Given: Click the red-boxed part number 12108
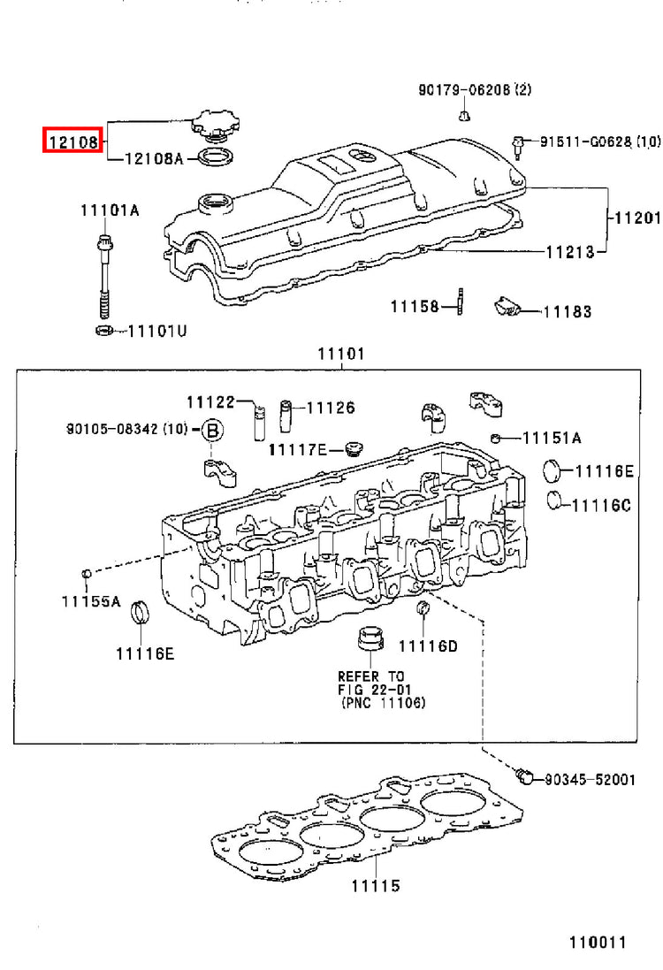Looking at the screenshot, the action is click(x=73, y=141).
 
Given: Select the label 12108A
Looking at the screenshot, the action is click(x=154, y=159).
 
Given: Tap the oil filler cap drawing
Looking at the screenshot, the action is click(x=215, y=126).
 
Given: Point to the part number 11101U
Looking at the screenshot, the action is click(x=157, y=332).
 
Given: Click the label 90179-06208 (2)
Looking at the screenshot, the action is click(x=475, y=89).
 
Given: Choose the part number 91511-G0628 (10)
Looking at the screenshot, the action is click(x=600, y=141).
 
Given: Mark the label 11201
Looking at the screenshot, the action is click(x=637, y=218).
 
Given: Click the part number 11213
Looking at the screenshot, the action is click(x=569, y=252).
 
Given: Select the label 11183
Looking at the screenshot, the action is click(x=568, y=312).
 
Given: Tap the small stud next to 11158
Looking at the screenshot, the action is click(x=461, y=302).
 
